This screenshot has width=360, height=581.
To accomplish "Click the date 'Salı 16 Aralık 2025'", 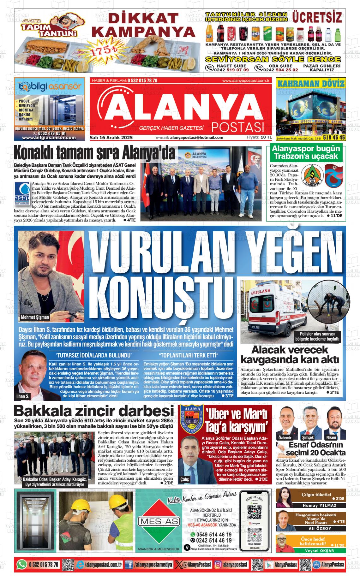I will [111, 138].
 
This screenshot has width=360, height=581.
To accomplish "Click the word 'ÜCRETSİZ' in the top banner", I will [317, 17].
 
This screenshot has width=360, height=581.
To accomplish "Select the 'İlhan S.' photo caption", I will [23, 396].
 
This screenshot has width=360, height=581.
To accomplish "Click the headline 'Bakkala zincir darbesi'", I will [93, 411].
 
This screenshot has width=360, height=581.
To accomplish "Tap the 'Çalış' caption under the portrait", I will [185, 479].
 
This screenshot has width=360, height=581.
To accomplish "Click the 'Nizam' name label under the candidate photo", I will [331, 437].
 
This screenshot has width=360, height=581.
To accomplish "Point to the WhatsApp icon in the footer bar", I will [21, 565].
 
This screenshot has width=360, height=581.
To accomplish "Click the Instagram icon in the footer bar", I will [218, 565].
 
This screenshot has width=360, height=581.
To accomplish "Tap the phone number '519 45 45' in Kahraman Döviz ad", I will [334, 138].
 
